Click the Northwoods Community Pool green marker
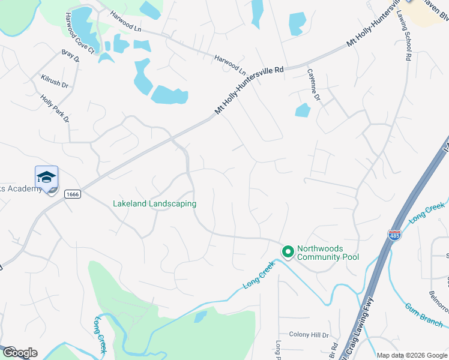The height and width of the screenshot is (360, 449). click(x=288, y=251)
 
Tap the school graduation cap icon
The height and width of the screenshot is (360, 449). click(x=46, y=177)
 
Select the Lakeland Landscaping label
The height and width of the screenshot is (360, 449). click(x=154, y=204)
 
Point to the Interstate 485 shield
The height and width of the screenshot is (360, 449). click(x=394, y=236)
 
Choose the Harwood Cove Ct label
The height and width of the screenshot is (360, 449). click(x=80, y=34)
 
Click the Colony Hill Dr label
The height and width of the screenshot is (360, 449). click(x=309, y=335)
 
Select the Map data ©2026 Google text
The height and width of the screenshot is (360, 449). click(x=411, y=355)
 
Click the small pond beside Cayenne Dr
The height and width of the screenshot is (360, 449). click(x=303, y=110)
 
